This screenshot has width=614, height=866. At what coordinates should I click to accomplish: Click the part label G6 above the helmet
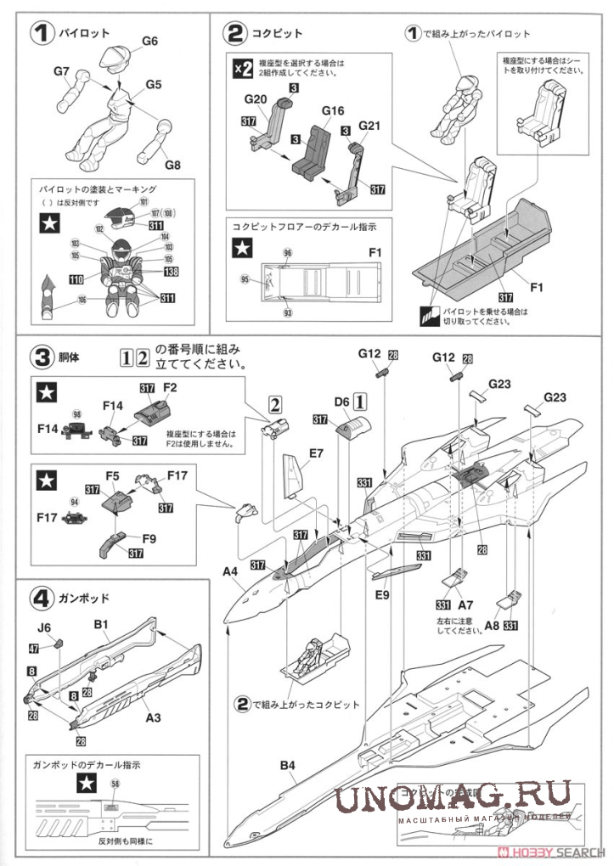coord(149,41)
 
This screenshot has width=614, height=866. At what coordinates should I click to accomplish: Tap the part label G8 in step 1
coord(173,164)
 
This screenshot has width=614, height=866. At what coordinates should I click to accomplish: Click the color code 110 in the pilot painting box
coord(76,279)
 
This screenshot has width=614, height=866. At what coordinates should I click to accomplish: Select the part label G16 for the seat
coord(332,111)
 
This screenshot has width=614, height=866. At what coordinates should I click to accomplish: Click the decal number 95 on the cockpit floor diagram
coord(245,278)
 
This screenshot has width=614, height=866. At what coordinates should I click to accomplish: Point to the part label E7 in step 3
coord(316,453)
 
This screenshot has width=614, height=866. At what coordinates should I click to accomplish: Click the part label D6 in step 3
coord(341,398)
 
